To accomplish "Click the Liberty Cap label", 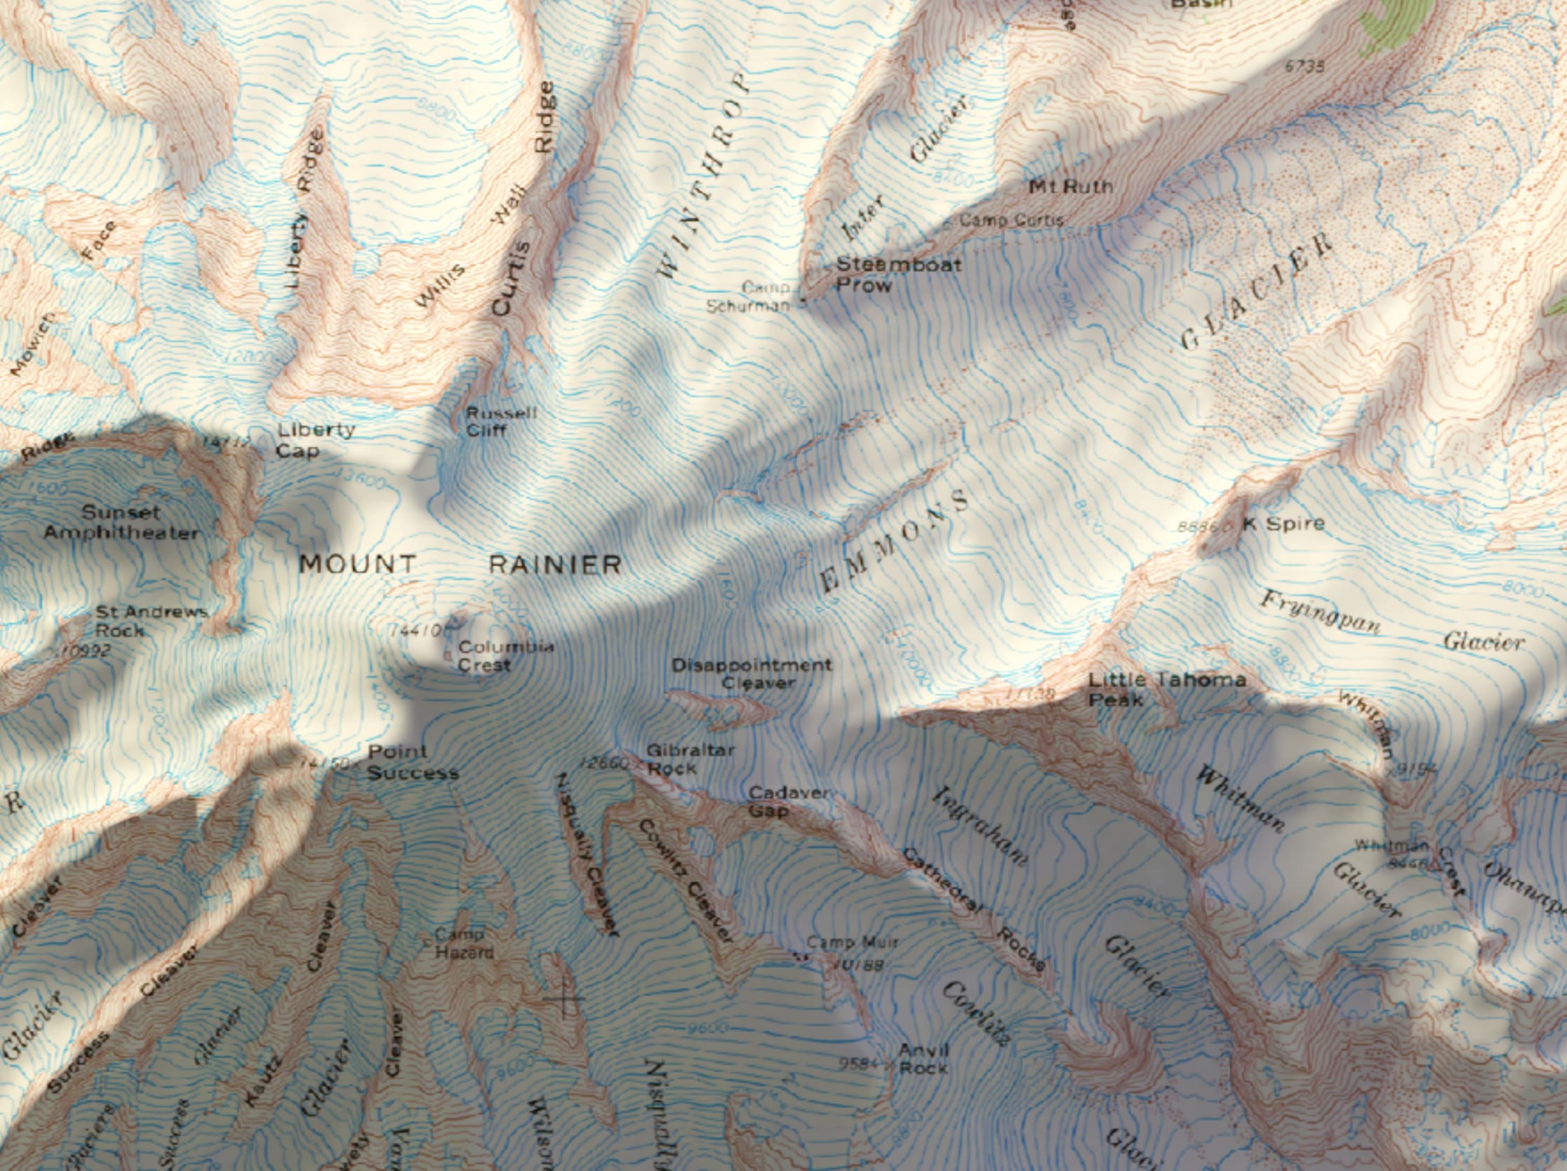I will coord(307,440).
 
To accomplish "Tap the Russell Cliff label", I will coord(501,421).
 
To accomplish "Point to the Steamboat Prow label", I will coord(898,275).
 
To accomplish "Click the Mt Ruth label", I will coord(1069,187).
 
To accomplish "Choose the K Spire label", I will coord(1283,523).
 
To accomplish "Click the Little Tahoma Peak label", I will coord(1166,689).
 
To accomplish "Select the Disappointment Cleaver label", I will coord(752,674).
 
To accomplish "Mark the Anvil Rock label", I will coord(923,1058).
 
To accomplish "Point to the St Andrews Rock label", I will coord(150,620).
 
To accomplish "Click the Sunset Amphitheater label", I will coord(121,522).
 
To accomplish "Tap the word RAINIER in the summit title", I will coord(555,565).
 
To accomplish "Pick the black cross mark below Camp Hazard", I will coord(565,999).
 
